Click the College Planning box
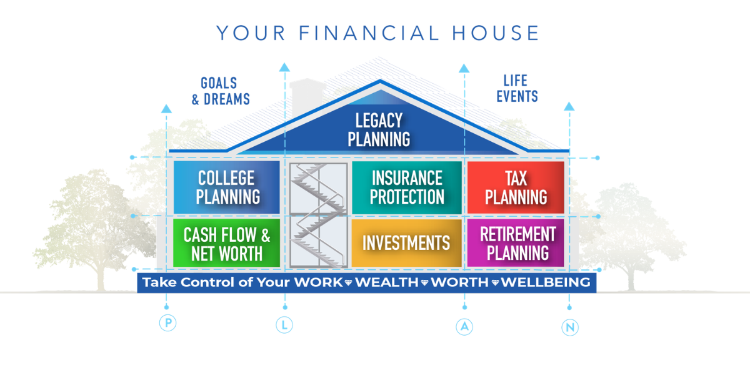(x=227, y=187)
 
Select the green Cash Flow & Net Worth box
(x=227, y=243)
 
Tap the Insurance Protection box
(x=407, y=187)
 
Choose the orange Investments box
(x=406, y=243)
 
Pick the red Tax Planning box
(x=516, y=187)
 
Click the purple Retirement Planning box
(x=516, y=243)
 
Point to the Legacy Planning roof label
(x=379, y=130)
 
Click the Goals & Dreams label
(x=221, y=91)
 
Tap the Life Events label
(x=517, y=88)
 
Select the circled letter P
(x=167, y=322)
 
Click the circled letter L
(x=284, y=325)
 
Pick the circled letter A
(x=464, y=326)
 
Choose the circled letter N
(x=570, y=327)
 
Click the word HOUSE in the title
(x=496, y=32)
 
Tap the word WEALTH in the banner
(x=387, y=282)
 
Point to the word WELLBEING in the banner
(x=546, y=282)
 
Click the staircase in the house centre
(x=318, y=215)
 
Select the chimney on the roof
(x=307, y=97)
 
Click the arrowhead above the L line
(x=284, y=67)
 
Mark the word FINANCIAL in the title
(x=369, y=32)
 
